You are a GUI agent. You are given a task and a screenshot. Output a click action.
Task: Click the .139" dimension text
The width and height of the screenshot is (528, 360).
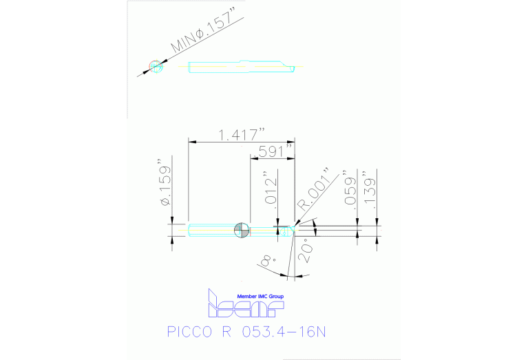(372, 187)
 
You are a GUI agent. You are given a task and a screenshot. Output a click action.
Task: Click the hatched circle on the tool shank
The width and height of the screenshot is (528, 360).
(241, 230)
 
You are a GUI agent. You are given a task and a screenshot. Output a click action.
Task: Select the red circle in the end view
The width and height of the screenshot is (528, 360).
(157, 67)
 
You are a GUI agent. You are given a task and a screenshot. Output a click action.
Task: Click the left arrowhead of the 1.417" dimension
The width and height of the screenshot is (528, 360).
(191, 142)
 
